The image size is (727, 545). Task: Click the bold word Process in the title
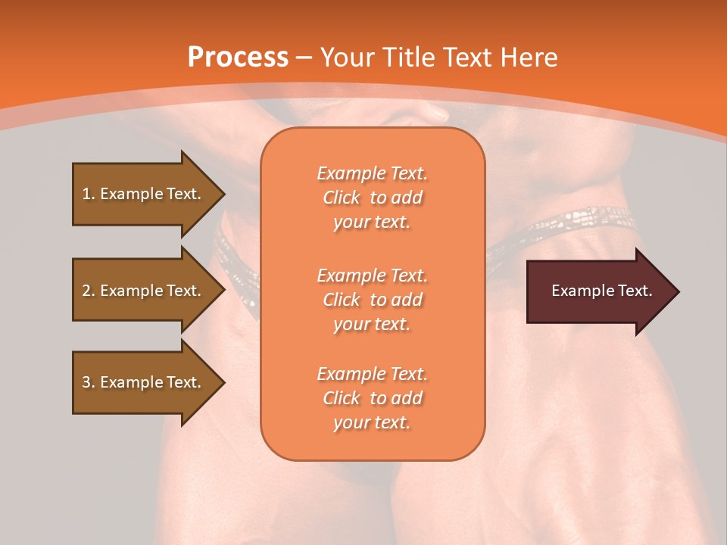[238, 58]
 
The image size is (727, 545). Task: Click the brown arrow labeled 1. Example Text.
[142, 194]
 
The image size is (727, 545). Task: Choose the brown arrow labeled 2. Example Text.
[142, 291]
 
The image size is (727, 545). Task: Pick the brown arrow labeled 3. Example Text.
[142, 382]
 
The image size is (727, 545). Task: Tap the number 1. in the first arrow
[89, 194]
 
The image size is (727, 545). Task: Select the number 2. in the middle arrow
[89, 291]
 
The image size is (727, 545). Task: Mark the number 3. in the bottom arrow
[89, 382]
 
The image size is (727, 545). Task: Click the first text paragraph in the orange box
[372, 198]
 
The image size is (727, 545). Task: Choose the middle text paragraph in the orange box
[372, 300]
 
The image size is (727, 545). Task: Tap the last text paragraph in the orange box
[372, 398]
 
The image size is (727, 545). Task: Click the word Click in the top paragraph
[342, 198]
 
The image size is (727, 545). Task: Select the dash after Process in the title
[304, 58]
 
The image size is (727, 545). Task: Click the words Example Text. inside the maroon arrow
[601, 291]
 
